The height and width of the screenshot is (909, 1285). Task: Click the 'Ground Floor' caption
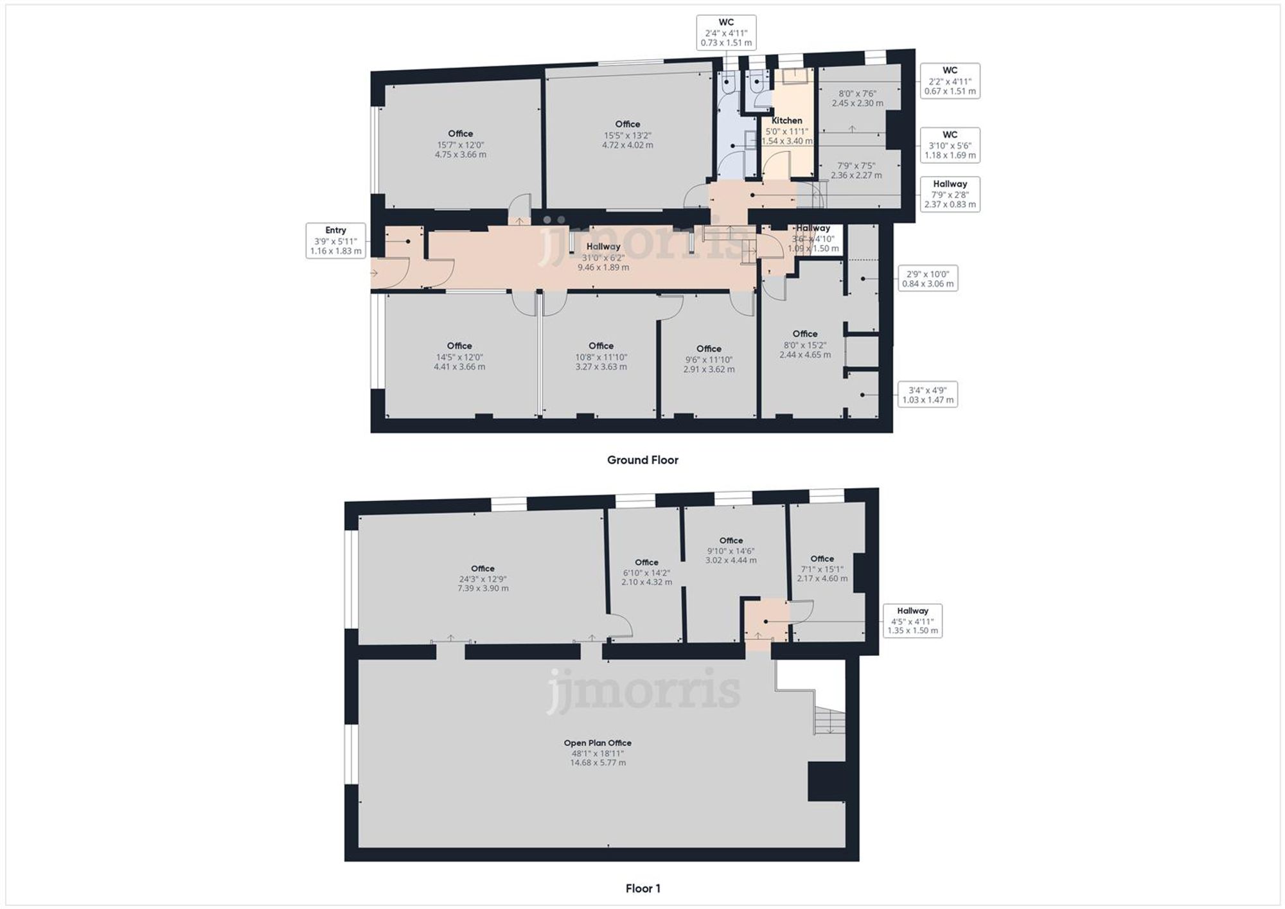point(642,460)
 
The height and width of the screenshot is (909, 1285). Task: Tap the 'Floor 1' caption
point(642,888)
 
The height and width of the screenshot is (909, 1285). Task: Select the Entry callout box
point(335,241)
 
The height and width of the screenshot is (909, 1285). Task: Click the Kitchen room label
point(786,121)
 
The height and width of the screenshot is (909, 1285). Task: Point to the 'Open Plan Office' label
point(598,743)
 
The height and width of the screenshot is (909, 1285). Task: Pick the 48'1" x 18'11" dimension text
point(598,754)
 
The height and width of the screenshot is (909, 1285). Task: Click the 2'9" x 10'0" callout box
point(927,279)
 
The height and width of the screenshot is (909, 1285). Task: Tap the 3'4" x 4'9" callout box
point(927,394)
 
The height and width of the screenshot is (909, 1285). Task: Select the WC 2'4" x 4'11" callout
point(726,33)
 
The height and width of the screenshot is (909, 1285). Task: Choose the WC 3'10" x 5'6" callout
point(950,145)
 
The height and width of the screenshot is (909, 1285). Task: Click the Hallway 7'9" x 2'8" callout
point(950,194)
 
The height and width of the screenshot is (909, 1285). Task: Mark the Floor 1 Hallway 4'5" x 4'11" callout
point(912,621)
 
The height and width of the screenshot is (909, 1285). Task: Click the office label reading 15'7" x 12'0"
point(461,145)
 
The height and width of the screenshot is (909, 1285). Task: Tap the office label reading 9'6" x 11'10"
point(709,359)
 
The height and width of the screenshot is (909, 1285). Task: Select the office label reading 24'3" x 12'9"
point(483,579)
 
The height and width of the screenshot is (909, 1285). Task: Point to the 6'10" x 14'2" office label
point(646,572)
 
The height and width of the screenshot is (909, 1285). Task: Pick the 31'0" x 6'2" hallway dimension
point(603,258)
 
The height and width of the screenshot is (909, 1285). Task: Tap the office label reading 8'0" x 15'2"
point(805,344)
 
